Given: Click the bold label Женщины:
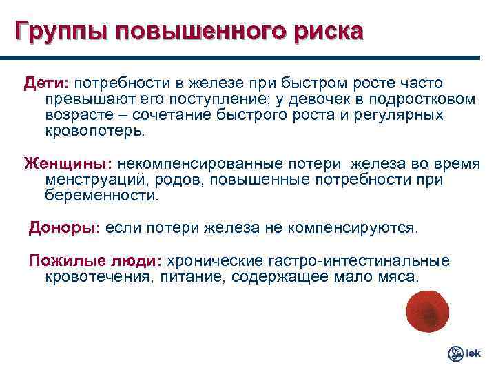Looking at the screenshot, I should [x=68, y=165].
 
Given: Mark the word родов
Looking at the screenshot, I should [x=186, y=180].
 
